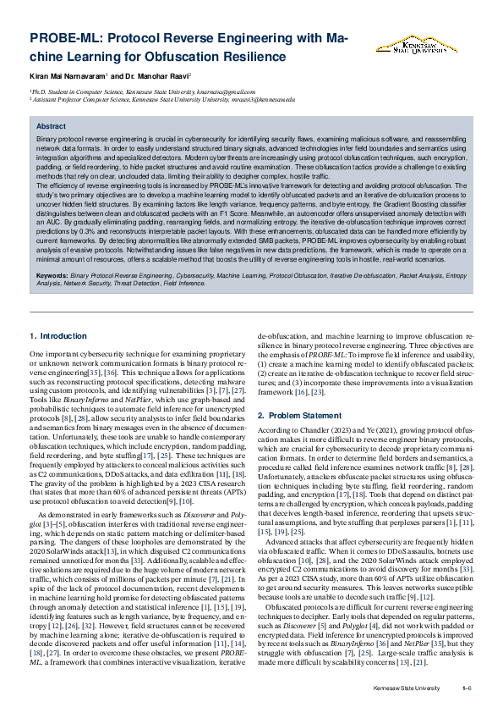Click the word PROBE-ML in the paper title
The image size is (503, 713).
click(x=67, y=39)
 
